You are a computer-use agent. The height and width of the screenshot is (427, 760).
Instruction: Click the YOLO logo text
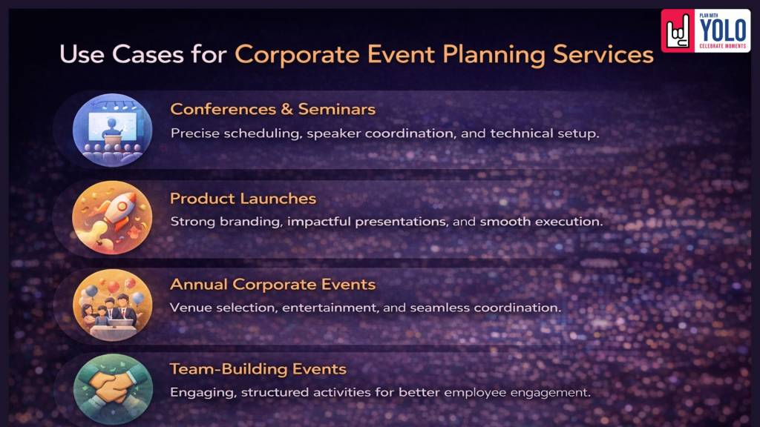723,30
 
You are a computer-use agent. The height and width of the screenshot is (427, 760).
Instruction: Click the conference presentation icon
113,130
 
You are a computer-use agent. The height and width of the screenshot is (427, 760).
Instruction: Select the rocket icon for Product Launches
113,217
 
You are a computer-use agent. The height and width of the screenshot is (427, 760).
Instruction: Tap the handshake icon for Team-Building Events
113,386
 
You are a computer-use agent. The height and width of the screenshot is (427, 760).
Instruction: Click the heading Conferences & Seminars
272,110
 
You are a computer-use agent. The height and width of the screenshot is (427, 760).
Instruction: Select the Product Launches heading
243,199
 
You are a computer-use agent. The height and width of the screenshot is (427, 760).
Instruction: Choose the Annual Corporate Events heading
272,285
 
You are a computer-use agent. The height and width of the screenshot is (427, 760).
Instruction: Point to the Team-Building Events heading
258,369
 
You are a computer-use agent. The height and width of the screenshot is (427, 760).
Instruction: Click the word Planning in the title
489,55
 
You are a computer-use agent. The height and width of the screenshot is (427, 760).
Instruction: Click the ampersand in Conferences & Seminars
286,110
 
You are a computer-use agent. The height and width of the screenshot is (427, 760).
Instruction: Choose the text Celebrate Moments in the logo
724,46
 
